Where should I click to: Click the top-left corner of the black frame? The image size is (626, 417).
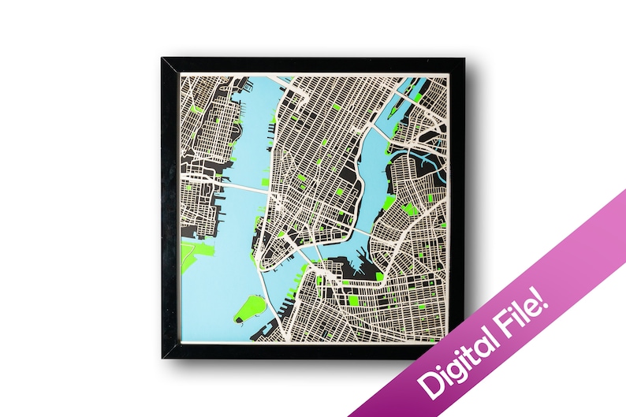point(163,60)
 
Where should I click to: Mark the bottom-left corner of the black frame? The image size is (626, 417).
point(163,356)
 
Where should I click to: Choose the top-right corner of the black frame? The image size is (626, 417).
point(464,60)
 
